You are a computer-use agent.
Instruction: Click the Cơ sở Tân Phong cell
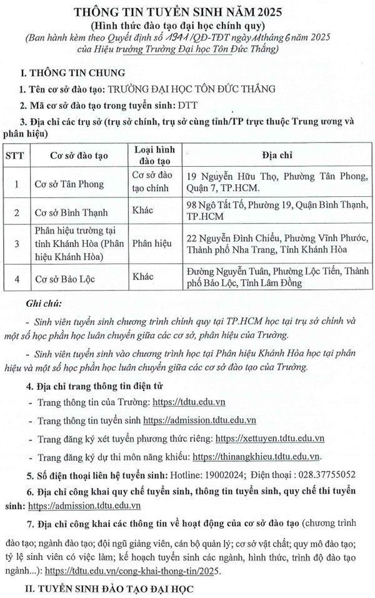tap(69, 184)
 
